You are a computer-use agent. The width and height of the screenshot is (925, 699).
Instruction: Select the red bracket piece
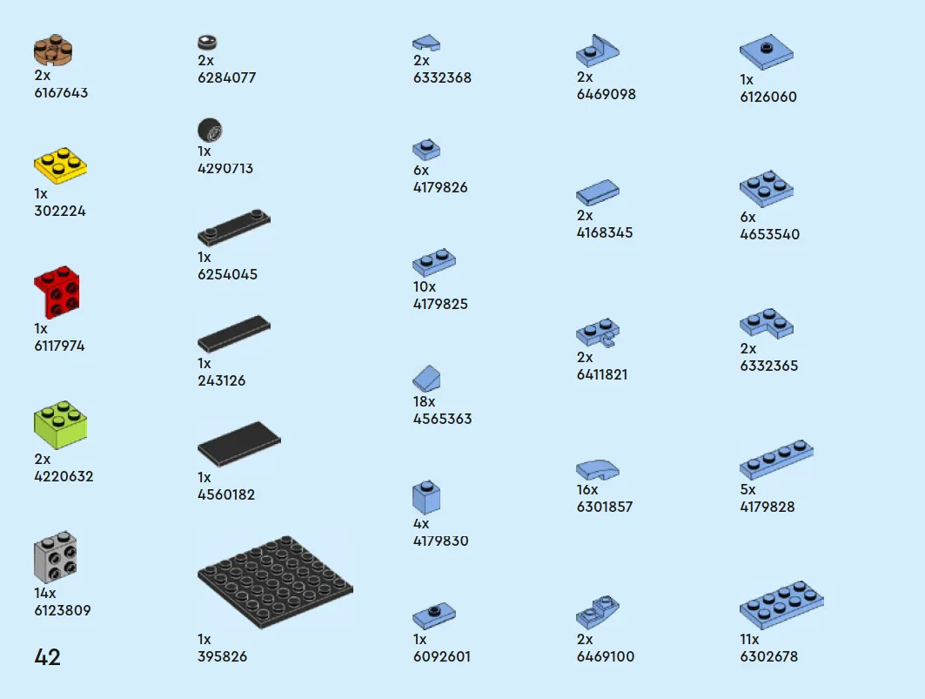(57, 292)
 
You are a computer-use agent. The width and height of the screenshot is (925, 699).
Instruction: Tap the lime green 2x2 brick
(60, 425)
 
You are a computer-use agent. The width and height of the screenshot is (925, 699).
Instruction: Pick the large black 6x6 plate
(275, 581)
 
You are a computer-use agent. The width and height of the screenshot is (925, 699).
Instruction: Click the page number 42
(47, 657)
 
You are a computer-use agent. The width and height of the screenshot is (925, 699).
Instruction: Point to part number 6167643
(61, 92)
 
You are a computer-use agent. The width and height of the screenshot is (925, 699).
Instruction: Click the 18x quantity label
(424, 401)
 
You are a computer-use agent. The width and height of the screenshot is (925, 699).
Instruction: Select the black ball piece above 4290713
(210, 130)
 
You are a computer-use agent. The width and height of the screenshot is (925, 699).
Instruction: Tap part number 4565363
(442, 419)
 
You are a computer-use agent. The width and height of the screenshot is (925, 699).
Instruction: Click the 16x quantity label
(587, 490)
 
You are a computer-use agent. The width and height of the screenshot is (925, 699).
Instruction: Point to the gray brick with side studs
(56, 556)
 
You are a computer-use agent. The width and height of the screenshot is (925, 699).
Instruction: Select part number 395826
(223, 656)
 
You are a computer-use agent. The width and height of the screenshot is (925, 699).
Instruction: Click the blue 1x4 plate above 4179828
(776, 459)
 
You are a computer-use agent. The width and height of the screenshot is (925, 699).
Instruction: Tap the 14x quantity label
(45, 594)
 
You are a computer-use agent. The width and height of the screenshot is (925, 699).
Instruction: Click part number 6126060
(768, 97)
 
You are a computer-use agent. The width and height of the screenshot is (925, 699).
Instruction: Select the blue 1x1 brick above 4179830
(426, 496)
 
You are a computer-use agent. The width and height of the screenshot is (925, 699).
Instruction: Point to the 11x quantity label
(749, 640)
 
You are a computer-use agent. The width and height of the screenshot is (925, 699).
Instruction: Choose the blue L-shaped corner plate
(767, 324)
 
